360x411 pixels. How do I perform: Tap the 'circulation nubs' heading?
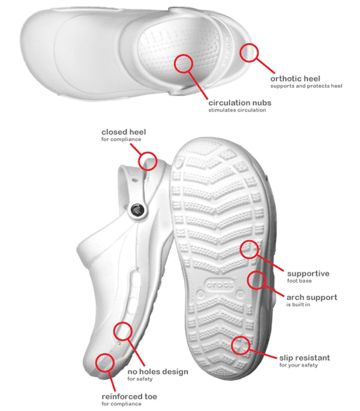pyautogui.click(x=239, y=103)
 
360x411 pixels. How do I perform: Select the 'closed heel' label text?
pyautogui.click(x=123, y=132)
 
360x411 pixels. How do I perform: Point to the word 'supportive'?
pyautogui.click(x=308, y=274)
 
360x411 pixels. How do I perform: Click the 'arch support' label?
pyautogui.click(x=311, y=297)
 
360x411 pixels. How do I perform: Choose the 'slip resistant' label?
pyautogui.click(x=313, y=358)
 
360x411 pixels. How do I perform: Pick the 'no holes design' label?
pyautogui.click(x=157, y=371)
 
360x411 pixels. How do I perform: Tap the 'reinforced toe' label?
pyautogui.click(x=131, y=397)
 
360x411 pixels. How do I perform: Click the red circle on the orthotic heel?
pyautogui.click(x=249, y=53)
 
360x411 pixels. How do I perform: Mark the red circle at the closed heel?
pyautogui.click(x=148, y=161)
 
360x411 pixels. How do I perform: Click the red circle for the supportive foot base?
pyautogui.click(x=250, y=249)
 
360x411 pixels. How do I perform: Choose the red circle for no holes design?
pyautogui.click(x=123, y=331)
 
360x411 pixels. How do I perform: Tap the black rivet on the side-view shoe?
pyautogui.click(x=137, y=209)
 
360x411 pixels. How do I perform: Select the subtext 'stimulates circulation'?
pyautogui.click(x=237, y=110)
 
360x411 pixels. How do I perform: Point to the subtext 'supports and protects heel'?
pyautogui.click(x=306, y=86)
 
